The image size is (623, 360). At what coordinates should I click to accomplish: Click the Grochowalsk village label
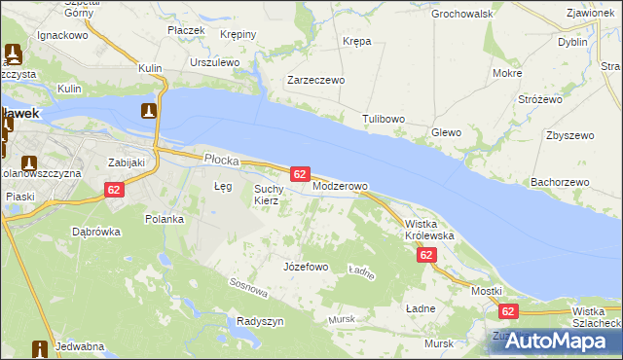pyautogui.click(x=462, y=14)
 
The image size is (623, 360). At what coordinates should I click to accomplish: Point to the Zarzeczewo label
pyautogui.click(x=315, y=81)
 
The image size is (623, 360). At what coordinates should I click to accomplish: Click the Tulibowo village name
pyautogui.click(x=384, y=119)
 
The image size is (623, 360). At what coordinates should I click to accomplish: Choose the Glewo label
pyautogui.click(x=446, y=132)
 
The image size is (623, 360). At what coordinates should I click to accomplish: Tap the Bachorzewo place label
pyautogui.click(x=560, y=182)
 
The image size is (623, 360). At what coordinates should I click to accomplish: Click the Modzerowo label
pyautogui.click(x=340, y=186)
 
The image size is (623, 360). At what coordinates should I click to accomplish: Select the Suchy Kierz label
pyautogui.click(x=268, y=195)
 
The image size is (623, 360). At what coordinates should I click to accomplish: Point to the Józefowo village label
pyautogui.click(x=305, y=266)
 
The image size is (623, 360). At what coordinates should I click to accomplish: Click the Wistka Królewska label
pyautogui.click(x=429, y=230)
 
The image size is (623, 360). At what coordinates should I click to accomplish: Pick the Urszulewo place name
pyautogui.click(x=215, y=61)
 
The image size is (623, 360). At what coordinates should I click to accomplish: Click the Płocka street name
pyautogui.click(x=220, y=158)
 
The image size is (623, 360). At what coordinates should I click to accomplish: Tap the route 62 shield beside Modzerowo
pyautogui.click(x=300, y=173)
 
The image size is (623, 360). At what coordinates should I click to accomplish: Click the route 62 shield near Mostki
pyautogui.click(x=507, y=311)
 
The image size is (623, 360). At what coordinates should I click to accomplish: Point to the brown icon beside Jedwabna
pyautogui.click(x=41, y=347)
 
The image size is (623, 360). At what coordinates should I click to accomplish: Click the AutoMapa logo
pyautogui.click(x=552, y=341)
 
